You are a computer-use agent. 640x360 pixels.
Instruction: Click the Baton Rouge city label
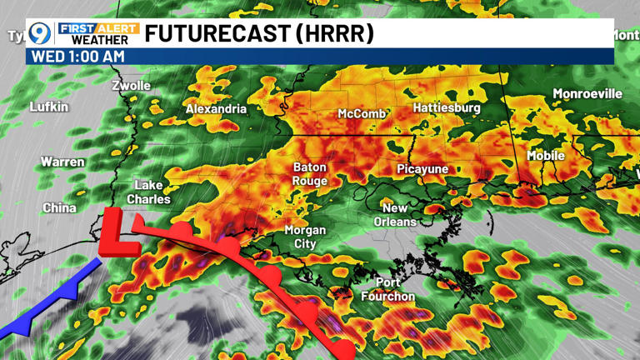pos(309,173)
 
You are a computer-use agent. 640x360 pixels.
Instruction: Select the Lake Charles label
pos(148,192)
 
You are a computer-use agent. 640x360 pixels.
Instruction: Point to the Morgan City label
pos(305,237)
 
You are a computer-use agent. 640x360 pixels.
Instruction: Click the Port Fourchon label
pos(387,289)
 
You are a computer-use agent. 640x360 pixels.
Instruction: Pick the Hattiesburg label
pos(447,108)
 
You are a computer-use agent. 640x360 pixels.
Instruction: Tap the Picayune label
pos(422,169)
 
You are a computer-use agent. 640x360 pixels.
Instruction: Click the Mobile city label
pos(546,156)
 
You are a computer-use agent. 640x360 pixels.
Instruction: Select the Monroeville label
pos(587,93)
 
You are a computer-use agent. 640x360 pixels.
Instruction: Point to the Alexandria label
pos(216,109)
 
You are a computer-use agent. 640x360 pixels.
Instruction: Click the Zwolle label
pos(132,85)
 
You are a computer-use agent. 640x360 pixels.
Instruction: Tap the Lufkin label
pos(49,107)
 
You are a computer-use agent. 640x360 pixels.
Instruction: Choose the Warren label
pos(62,161)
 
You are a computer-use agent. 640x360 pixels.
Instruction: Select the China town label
pos(59,207)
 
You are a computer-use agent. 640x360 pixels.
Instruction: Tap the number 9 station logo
pos(39,34)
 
